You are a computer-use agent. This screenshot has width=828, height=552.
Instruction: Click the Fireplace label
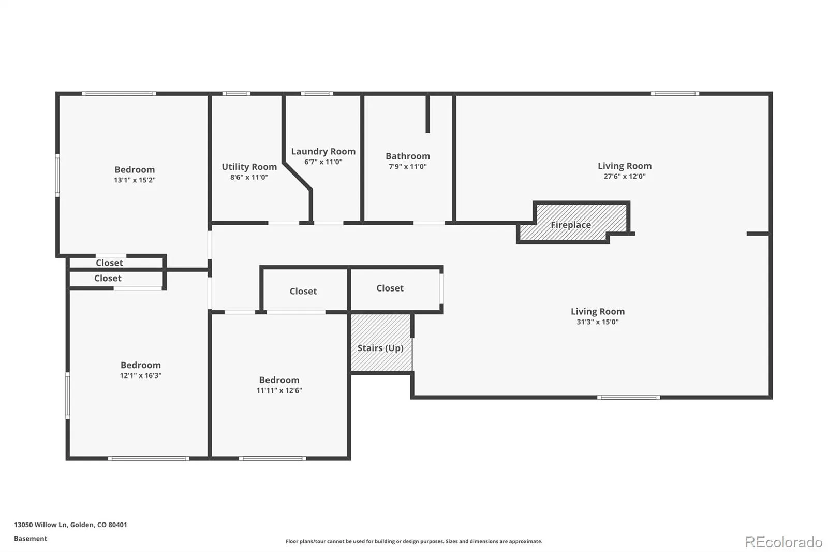coord(571,225)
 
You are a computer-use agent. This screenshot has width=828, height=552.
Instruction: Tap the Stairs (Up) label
coord(380,348)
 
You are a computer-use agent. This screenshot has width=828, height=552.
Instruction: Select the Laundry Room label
coord(323,151)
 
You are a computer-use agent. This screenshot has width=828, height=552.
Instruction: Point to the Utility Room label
coord(249,167)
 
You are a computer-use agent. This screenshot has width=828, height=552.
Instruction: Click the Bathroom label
coord(408,156)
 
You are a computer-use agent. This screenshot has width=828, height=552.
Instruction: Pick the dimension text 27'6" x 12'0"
coord(625,177)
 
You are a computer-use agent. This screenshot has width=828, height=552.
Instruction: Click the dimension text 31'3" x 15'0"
coord(598,322)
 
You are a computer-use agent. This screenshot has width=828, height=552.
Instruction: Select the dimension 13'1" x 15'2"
coord(135,180)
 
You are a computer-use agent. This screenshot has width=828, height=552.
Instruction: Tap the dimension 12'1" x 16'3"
coord(140,375)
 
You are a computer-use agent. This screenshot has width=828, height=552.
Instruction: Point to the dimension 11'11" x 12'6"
coord(279,390)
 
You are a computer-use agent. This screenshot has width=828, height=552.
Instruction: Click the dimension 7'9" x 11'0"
coord(408,167)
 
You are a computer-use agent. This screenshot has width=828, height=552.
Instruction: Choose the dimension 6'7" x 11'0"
coord(323,162)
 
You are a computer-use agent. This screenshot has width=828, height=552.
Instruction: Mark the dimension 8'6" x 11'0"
coord(249,177)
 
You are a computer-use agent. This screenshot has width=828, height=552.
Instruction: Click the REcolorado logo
coord(783,542)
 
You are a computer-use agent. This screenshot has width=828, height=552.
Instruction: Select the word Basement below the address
coord(31,539)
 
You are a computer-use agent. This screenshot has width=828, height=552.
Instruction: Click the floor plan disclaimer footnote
coord(413,541)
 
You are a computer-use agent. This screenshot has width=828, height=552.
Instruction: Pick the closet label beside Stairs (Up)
coord(390,288)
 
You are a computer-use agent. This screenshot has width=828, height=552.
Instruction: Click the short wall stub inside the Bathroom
coord(427,113)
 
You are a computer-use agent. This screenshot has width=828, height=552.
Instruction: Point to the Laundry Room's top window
coord(317,94)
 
